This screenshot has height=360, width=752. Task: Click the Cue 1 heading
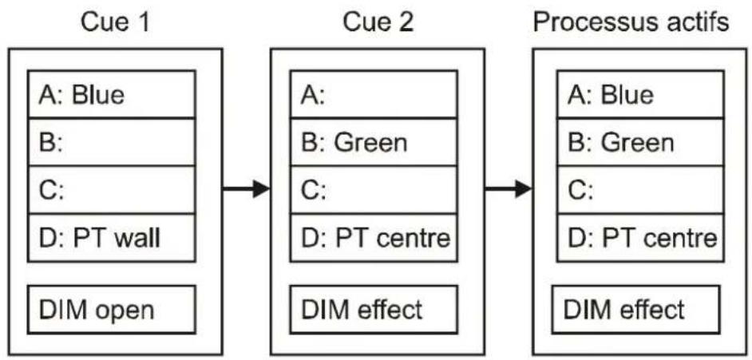point(115,22)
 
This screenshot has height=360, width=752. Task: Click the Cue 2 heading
point(378,22)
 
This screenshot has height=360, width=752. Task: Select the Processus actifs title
point(631,23)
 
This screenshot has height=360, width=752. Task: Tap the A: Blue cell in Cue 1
point(112,94)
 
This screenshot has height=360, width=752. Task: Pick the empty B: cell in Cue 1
point(112,142)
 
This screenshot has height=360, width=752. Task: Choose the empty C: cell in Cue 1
point(112,190)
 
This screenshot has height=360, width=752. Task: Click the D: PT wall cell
point(112,238)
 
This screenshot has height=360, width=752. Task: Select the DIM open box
point(112,309)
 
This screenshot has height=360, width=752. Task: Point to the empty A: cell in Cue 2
point(374,94)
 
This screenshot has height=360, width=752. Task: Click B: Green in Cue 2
point(374,142)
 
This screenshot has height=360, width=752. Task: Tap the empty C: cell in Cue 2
point(374,190)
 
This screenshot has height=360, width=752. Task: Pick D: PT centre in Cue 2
point(374,238)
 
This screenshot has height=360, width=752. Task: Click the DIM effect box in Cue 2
point(374,309)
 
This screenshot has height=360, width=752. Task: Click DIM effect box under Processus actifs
point(636,309)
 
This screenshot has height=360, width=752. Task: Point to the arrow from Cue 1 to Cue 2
point(247,189)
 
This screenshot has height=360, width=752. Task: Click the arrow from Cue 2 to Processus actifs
point(509,189)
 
